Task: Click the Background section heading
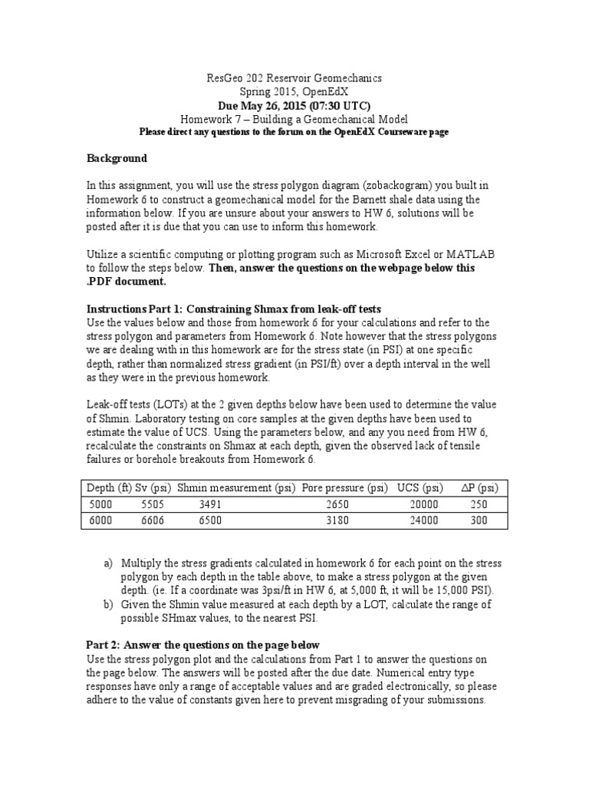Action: pos(116,159)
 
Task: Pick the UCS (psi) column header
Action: pos(420,488)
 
